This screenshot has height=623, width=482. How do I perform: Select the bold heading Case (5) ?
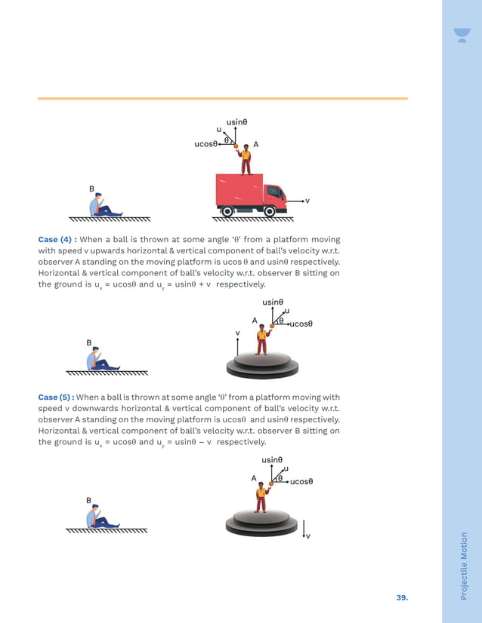[57, 397]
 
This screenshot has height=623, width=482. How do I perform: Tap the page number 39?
[402, 597]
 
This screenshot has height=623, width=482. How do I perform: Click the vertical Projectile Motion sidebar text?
[463, 566]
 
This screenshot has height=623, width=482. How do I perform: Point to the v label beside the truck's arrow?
[307, 201]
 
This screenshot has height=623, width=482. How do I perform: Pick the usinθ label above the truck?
[237, 121]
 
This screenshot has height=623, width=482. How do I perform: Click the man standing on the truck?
[245, 159]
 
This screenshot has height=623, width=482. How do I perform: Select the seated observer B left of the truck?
[101, 206]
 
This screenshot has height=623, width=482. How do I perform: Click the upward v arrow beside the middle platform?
[238, 346]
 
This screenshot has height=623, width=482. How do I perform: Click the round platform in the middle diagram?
[262, 364]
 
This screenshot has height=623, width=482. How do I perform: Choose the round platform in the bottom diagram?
[261, 522]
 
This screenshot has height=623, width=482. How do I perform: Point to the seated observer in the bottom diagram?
[100, 518]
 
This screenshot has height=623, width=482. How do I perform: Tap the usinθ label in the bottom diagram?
[272, 459]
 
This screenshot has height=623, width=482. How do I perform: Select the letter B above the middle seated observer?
[88, 342]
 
